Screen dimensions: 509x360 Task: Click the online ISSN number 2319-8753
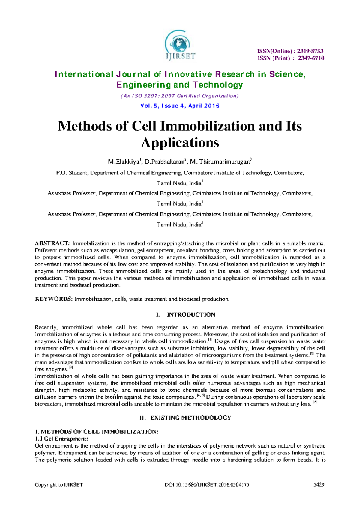tap(310, 51)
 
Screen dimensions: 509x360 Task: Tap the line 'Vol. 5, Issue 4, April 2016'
tap(180, 106)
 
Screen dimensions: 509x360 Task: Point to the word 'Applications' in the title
tap(180, 143)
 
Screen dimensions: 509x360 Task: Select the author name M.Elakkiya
tap(124, 162)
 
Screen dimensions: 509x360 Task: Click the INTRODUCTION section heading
tap(191, 315)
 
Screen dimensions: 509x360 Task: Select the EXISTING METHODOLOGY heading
tap(190, 418)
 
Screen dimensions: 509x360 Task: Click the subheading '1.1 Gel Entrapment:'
tap(61, 439)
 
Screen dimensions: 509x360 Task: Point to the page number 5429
tap(319, 485)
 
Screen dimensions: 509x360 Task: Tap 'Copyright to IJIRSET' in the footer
tap(59, 485)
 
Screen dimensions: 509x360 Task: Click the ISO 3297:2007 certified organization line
tap(180, 96)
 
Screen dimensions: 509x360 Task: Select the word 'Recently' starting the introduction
tap(46, 328)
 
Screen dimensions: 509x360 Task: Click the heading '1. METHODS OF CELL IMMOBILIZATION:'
tap(96, 432)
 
